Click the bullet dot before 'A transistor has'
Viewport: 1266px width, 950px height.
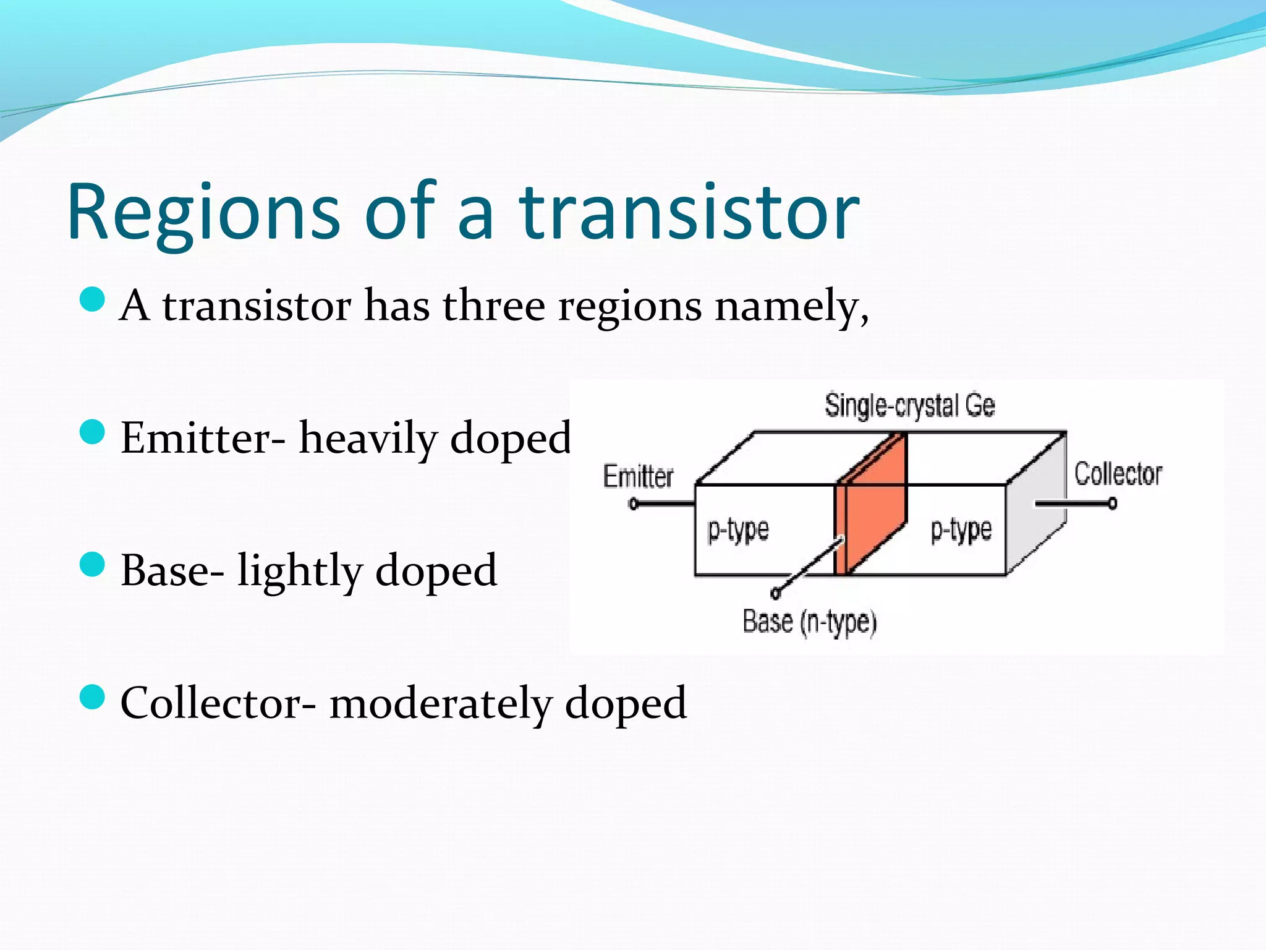click(x=93, y=299)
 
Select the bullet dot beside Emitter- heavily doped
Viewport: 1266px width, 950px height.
click(x=93, y=432)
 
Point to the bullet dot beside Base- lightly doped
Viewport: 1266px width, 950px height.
click(x=93, y=564)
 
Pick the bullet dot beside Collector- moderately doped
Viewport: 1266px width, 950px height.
click(x=93, y=697)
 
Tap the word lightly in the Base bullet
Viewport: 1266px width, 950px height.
click(x=300, y=570)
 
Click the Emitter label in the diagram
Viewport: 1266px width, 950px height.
click(x=638, y=477)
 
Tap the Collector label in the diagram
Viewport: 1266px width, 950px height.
click(x=1118, y=474)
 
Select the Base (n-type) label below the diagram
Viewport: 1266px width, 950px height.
click(x=810, y=622)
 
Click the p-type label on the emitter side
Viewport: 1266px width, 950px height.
click(x=738, y=530)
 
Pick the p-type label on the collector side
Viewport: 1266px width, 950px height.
click(x=961, y=530)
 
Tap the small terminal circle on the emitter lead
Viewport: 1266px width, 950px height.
click(x=633, y=504)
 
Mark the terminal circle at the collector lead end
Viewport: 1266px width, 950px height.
click(x=1113, y=503)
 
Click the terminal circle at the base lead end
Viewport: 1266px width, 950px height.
click(x=776, y=594)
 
